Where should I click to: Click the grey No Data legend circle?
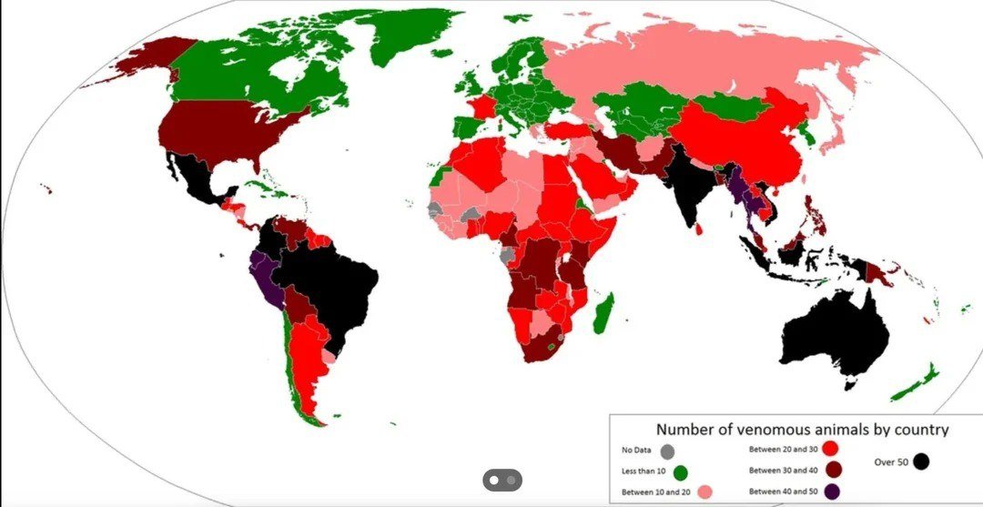coord(667,451)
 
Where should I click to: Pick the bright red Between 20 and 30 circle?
coord(829,449)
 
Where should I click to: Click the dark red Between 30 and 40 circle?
coord(832,470)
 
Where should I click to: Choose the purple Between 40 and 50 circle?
coord(832,492)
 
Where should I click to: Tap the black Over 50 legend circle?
coord(921,461)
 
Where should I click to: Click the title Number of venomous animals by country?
coord(803,430)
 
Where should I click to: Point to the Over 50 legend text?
coord(891,462)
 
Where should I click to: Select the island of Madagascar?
coord(603,312)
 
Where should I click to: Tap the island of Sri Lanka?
coord(698,228)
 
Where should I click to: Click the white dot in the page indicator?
coord(494,480)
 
